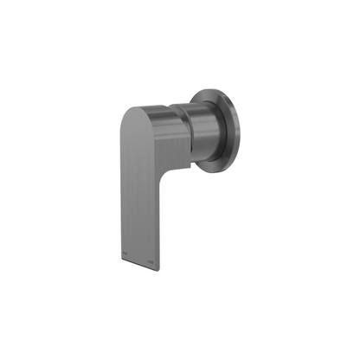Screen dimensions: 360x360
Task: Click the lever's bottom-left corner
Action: coord(119,261)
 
